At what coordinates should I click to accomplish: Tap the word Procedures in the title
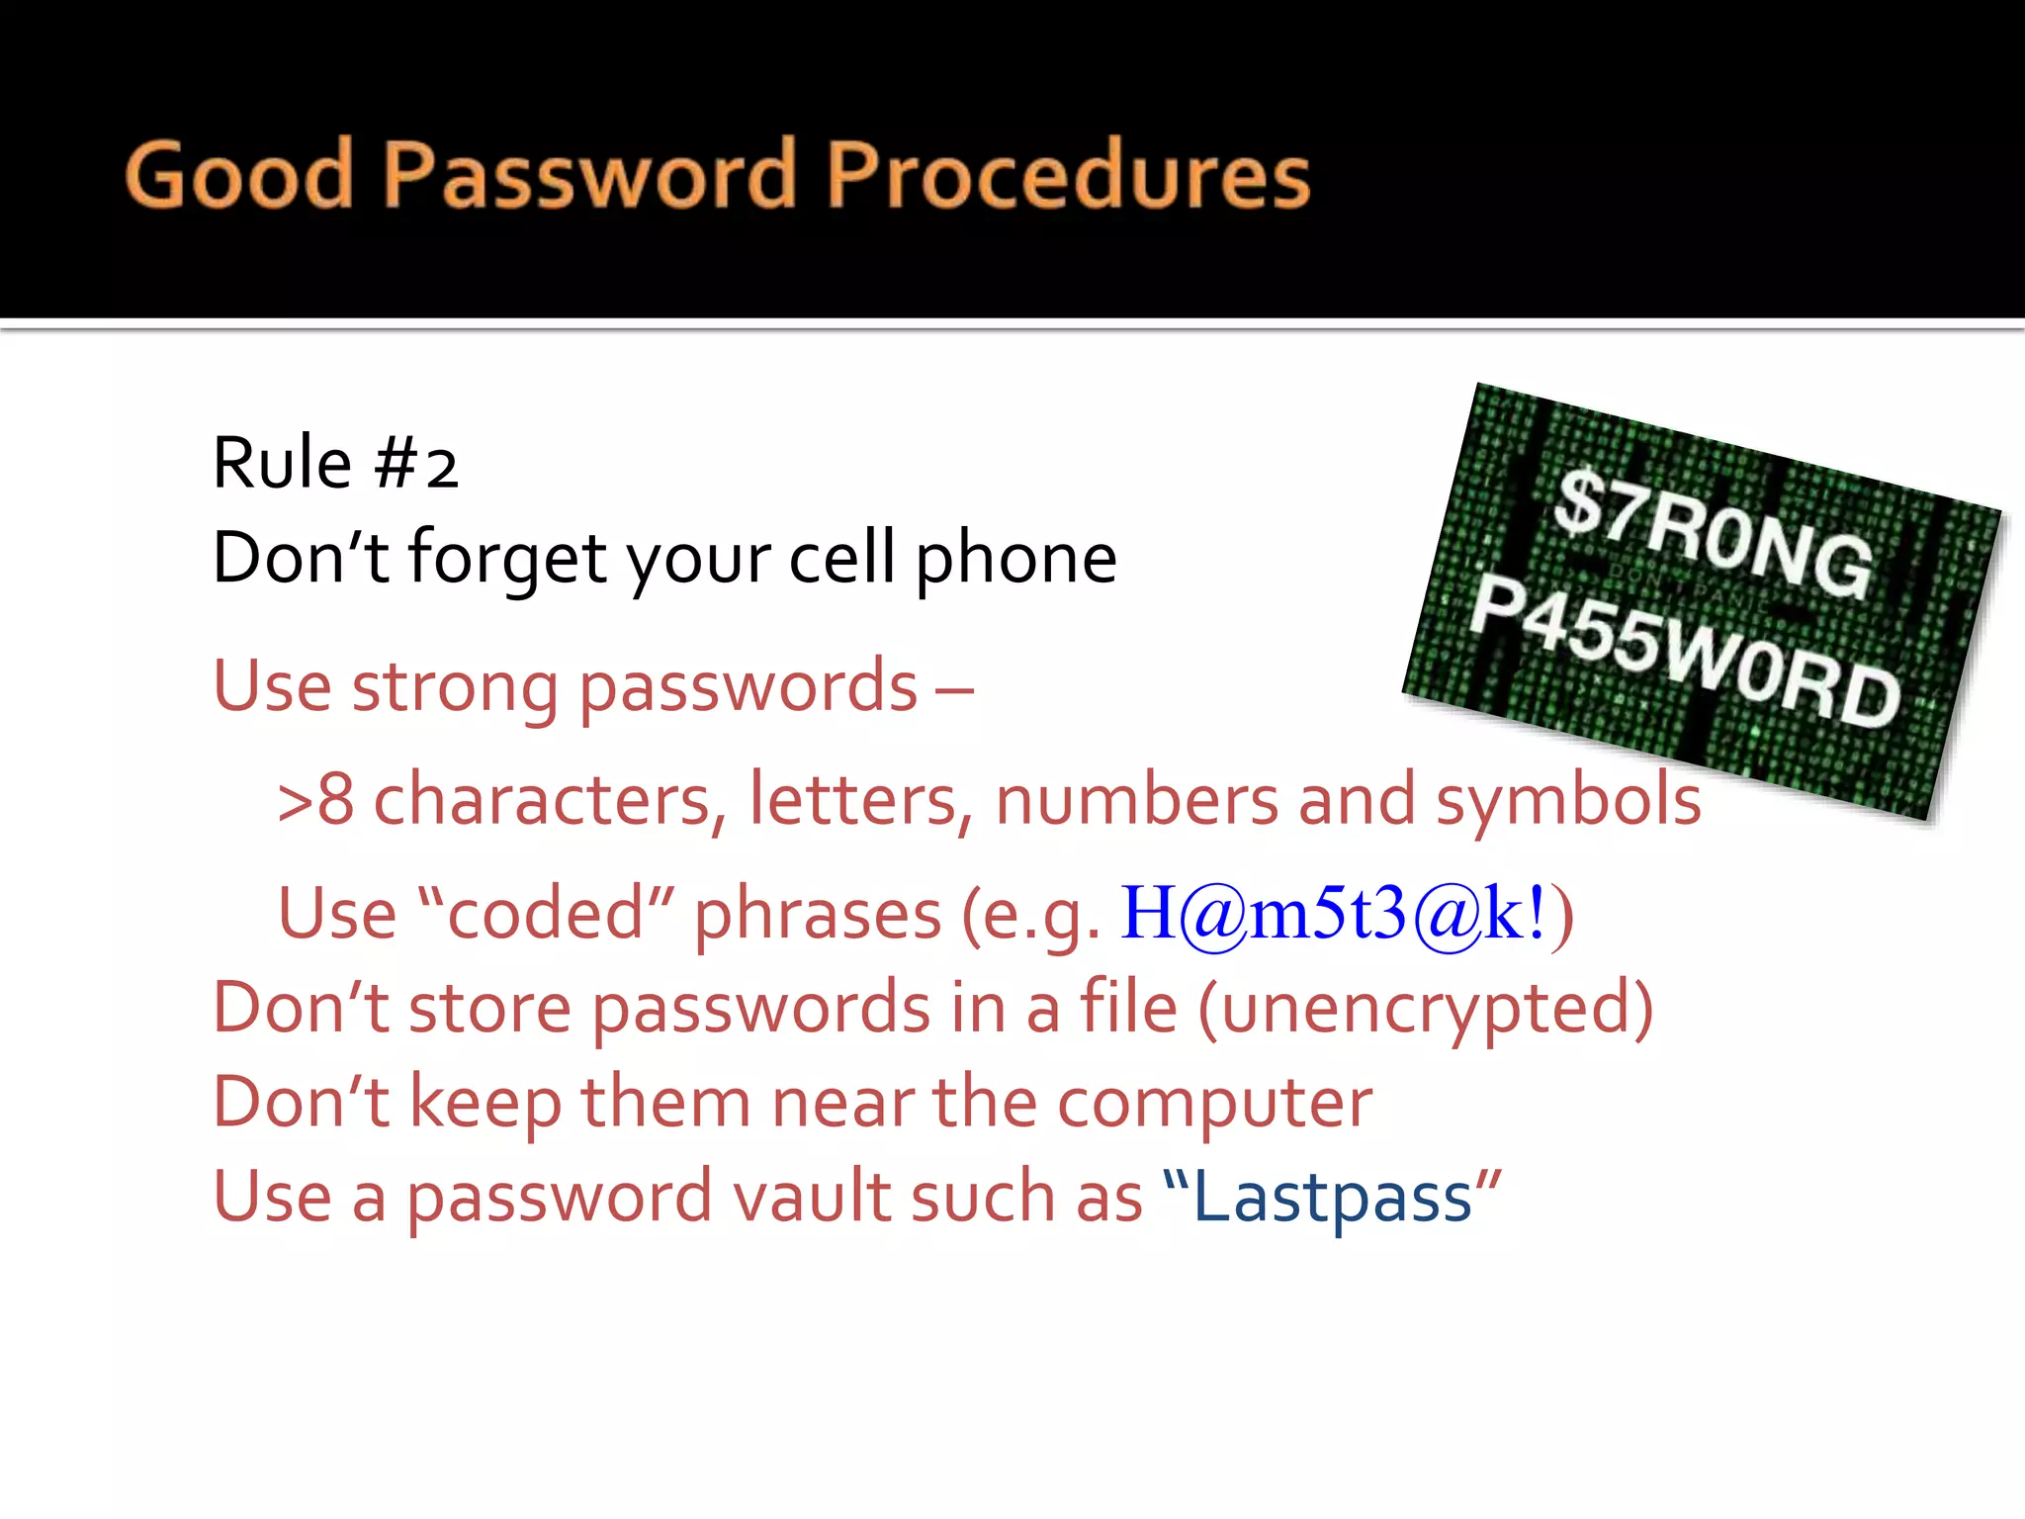click(1068, 175)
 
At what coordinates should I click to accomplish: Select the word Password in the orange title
click(589, 175)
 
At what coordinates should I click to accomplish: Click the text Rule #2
click(335, 463)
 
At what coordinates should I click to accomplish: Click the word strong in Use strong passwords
click(455, 686)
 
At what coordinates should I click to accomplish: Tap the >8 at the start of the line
click(315, 799)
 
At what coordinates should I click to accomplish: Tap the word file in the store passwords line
click(1127, 1007)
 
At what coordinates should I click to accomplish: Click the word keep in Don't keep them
click(484, 1104)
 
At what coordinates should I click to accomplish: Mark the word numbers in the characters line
click(1136, 799)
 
